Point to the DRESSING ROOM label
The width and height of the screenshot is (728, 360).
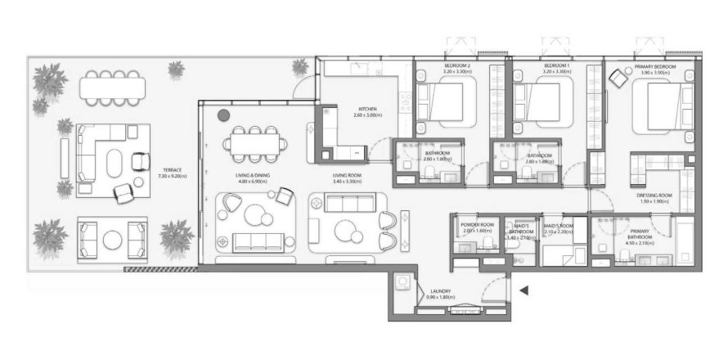654,196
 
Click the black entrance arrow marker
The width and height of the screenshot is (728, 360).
524,290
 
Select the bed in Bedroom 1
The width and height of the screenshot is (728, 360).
542,105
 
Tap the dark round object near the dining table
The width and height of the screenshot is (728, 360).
223,115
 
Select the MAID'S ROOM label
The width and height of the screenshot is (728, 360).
559,226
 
